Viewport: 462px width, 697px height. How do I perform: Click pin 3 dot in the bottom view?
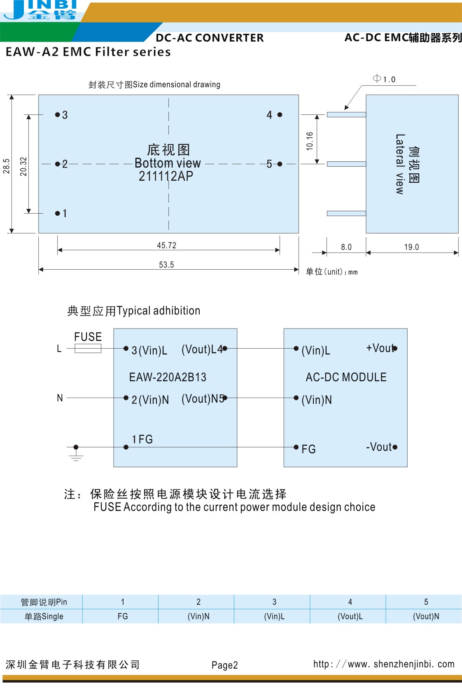58,114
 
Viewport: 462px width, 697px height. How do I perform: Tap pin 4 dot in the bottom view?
280,115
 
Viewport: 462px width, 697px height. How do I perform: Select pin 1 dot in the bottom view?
58,213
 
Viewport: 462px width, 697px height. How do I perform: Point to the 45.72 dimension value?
166,245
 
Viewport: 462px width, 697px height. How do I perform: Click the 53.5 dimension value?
166,265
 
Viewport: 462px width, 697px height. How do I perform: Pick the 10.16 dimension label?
310,141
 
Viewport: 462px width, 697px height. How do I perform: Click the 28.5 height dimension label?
6,166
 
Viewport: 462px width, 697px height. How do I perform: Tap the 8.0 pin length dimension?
346,247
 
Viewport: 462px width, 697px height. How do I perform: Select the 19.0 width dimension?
411,247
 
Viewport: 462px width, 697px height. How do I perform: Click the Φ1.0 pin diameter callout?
384,79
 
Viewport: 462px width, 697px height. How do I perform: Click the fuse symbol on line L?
88,349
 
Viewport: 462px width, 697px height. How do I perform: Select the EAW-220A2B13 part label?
168,377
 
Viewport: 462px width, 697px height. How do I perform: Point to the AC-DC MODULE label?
346,377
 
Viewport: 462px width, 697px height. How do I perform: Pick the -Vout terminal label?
379,447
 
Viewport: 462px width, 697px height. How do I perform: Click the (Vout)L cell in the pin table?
350,616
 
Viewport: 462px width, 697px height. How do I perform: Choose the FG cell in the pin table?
123,616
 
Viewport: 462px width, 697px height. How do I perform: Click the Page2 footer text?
224,665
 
